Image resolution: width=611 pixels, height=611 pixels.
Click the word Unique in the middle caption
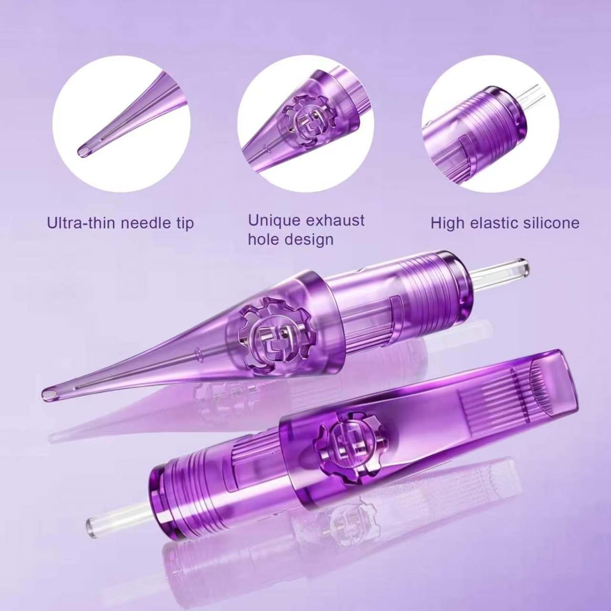click(274, 220)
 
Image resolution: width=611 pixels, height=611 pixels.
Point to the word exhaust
click(335, 220)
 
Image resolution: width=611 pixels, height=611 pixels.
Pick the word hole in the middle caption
click(264, 239)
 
